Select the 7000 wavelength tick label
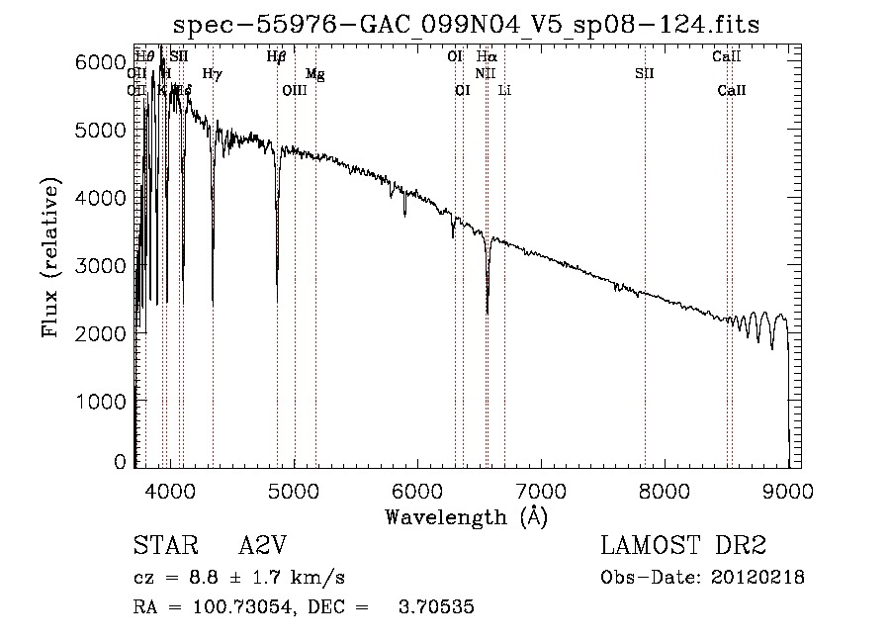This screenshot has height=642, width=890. tap(540, 490)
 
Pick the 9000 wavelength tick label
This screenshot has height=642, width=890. tap(787, 490)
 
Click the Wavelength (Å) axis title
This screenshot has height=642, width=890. tap(466, 516)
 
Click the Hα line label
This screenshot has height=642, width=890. tap(486, 57)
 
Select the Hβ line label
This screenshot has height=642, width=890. tap(276, 57)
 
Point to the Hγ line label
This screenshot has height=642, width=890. tap(212, 73)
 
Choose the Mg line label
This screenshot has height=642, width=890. tap(314, 74)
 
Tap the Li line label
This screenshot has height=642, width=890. tap(504, 91)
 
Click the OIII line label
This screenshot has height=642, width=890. tap(295, 91)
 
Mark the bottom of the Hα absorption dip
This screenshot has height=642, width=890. tap(487, 314)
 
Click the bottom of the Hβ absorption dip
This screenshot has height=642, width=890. tap(277, 301)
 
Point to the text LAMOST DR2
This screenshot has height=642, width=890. tap(683, 547)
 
